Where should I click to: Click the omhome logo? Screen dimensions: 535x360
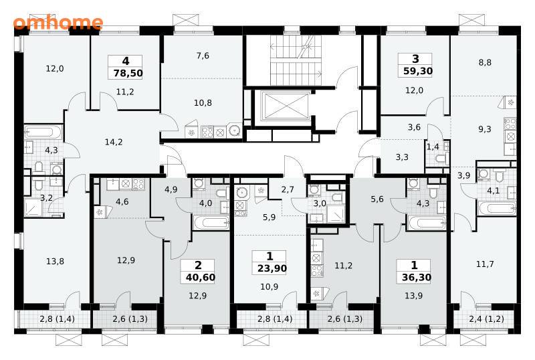point(58,23)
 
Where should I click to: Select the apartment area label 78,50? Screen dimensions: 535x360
point(128,73)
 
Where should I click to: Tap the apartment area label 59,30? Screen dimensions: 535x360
point(418,71)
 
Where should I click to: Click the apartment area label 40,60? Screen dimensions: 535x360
point(201,277)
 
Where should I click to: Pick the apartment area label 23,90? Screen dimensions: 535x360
point(272,268)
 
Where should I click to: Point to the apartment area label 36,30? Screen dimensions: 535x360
point(416,277)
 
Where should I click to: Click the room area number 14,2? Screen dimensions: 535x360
point(114,142)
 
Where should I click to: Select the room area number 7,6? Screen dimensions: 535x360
point(203,56)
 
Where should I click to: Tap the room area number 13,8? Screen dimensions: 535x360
point(55,261)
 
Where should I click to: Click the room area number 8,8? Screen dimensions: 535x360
point(485,62)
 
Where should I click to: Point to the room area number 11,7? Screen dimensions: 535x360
point(485,264)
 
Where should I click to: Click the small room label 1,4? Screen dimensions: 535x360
point(433,147)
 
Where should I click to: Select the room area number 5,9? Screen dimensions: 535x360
point(270,217)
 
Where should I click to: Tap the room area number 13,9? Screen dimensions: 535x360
point(413,296)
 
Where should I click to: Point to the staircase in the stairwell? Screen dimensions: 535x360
point(296,60)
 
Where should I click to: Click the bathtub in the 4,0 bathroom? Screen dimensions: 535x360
point(211,223)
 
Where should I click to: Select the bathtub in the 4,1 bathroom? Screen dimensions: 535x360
point(496,208)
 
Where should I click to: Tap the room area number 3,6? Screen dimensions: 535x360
point(414,127)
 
